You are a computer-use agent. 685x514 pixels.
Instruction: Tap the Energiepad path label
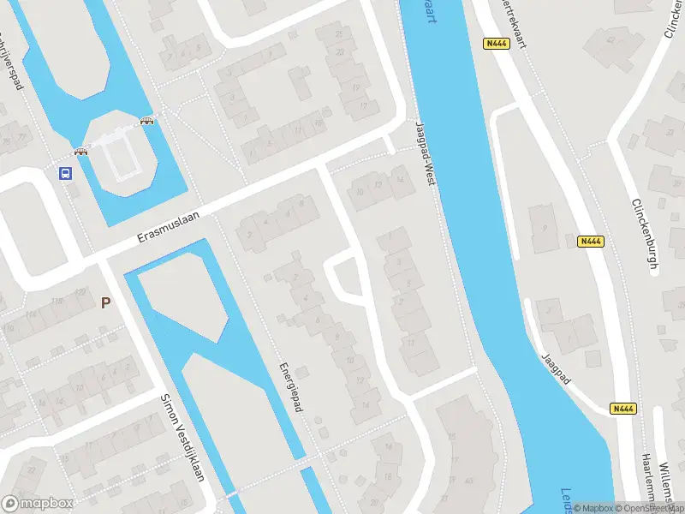coord(291,387)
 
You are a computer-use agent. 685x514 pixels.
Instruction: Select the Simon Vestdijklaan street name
coord(183,437)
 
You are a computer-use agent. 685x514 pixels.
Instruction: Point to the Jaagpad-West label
coord(426,155)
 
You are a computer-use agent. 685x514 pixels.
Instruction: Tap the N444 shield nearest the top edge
coord(496,44)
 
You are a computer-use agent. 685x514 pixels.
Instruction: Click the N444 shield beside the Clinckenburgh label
coord(591,242)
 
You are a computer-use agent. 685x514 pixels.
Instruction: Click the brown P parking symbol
coord(106,302)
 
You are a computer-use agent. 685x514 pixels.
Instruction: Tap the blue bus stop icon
coord(65,172)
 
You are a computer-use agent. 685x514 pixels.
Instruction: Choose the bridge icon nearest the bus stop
coord(81,152)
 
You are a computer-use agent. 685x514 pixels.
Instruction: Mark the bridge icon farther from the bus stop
coord(147,121)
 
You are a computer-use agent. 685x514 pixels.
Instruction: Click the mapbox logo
coord(38,504)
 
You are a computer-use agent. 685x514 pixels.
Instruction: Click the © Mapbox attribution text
coord(593,508)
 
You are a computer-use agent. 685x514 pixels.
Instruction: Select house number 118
coord(57,302)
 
